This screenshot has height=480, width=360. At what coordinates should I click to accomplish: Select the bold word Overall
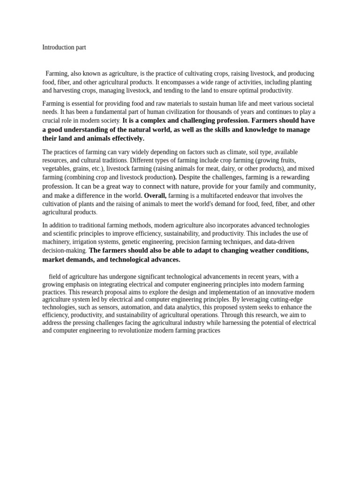tap(155, 195)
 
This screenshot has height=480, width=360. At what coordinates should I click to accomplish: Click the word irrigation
tap(83, 242)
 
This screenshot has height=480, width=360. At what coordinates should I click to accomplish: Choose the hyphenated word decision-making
tap(64, 251)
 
